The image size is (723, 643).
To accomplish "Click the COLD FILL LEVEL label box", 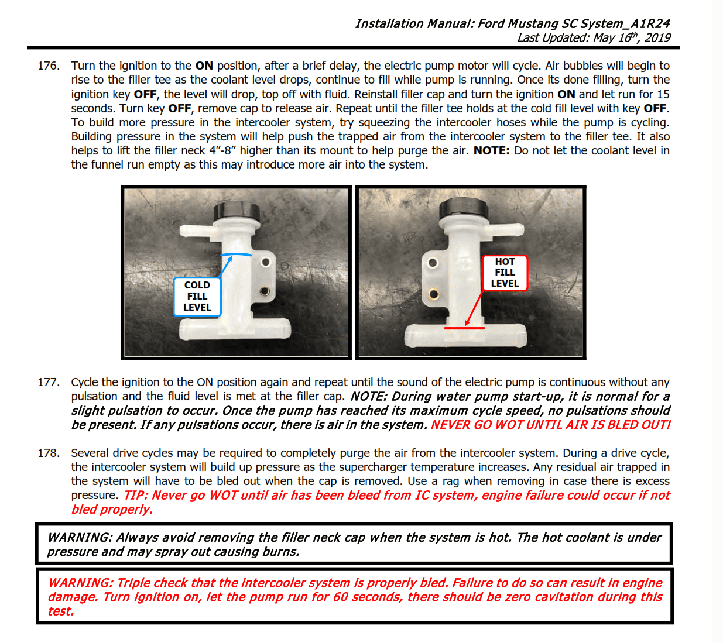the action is coord(197,297).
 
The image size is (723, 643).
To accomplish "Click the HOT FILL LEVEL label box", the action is coord(505,273).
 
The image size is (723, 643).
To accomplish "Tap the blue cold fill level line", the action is coord(236,255).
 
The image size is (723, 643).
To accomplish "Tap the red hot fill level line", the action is coord(464,328).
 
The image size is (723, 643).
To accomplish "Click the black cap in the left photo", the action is coord(237,212).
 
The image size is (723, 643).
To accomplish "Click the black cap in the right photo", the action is coord(463,209).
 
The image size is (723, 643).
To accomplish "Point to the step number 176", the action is coord(49,66).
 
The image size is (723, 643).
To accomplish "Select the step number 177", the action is coord(49,382).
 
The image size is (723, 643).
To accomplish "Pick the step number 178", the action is coord(49,453).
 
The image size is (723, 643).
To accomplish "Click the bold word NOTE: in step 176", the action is coord(491,150).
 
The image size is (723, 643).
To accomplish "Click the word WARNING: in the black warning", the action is coord(80,538).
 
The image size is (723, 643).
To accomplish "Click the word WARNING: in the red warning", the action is coord(81,583).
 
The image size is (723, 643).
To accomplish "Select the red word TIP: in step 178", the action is coord(136,496).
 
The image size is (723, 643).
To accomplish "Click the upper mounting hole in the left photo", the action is coord(266,263).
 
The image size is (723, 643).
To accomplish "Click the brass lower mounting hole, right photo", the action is coord(434,294).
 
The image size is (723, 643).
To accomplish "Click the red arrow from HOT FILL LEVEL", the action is coord(475,308).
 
